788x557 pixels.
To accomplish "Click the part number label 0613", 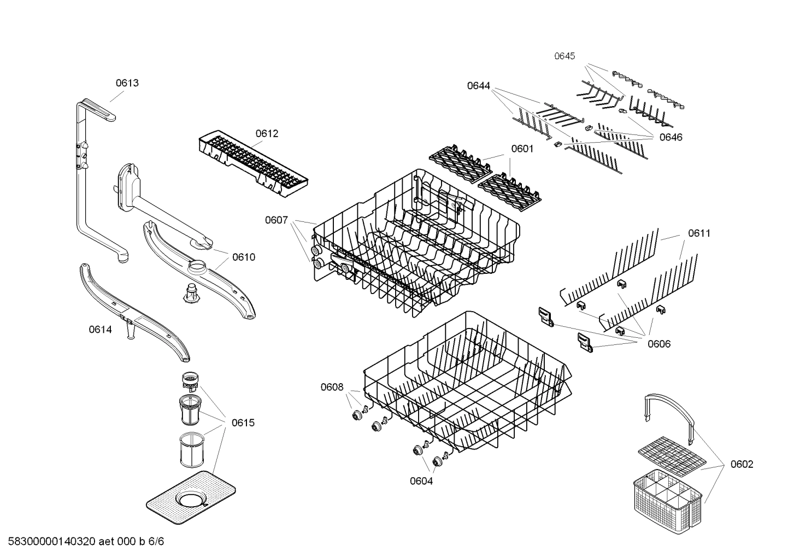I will (x=127, y=83).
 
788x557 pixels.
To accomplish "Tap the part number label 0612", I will (x=267, y=133).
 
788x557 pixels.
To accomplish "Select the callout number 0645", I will (x=564, y=56).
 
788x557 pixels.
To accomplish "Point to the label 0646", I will (x=671, y=137).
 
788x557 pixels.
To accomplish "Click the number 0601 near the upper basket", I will (x=522, y=149).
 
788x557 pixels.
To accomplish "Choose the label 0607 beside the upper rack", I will (x=277, y=220).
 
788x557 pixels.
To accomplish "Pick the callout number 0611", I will (x=699, y=233).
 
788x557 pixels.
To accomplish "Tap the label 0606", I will (x=659, y=344).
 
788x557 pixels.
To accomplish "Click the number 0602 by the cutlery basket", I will (x=742, y=464).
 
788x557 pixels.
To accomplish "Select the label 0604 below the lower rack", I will (x=421, y=481).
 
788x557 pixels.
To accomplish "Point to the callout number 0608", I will (x=332, y=388).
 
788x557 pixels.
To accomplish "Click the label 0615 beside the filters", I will (x=243, y=423).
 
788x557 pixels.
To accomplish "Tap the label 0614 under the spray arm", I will (x=100, y=329).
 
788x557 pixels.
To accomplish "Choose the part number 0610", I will (x=243, y=257).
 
